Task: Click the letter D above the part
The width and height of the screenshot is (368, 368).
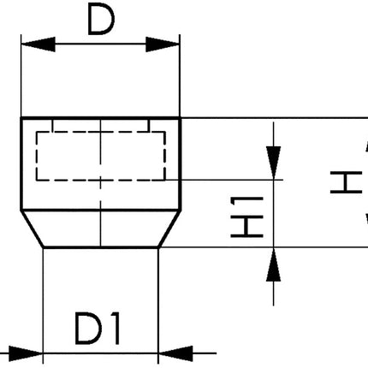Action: click(100, 21)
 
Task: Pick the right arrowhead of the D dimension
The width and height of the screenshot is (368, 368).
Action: click(169, 45)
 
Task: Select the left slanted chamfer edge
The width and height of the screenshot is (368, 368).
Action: click(32, 229)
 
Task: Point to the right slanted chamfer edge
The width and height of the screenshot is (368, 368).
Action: click(169, 229)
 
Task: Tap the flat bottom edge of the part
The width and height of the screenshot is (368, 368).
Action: click(100, 248)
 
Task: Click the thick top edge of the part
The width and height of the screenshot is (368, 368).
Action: click(100, 117)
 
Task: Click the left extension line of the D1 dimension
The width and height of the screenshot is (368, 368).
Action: click(42, 300)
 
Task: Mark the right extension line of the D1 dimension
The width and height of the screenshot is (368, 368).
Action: click(158, 300)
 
